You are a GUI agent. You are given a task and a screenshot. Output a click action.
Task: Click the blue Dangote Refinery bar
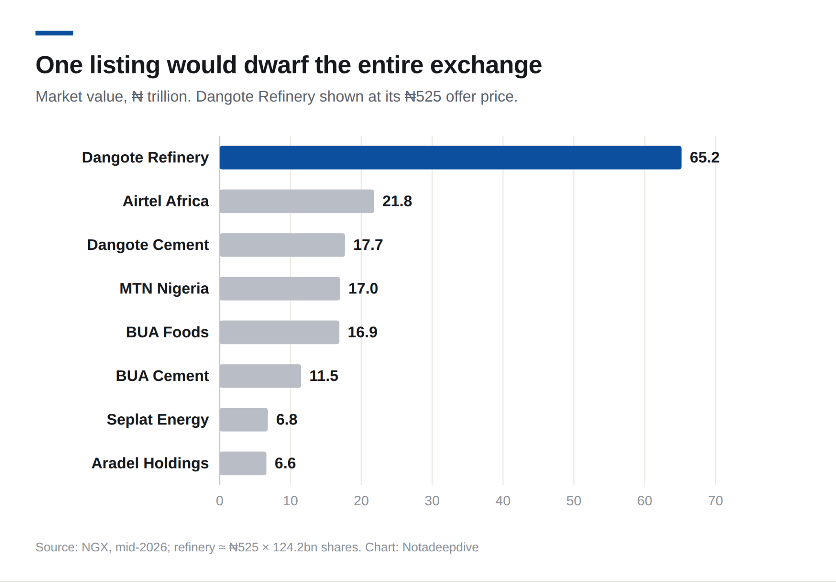pyautogui.click(x=450, y=158)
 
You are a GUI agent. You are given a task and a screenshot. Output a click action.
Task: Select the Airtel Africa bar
pyautogui.click(x=297, y=201)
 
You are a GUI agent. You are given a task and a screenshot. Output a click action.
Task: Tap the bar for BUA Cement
pyautogui.click(x=260, y=376)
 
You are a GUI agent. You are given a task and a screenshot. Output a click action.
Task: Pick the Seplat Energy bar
pyautogui.click(x=244, y=420)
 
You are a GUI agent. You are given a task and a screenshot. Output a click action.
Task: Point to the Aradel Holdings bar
pyautogui.click(x=243, y=463)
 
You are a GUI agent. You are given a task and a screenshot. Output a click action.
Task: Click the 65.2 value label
pyautogui.click(x=705, y=158)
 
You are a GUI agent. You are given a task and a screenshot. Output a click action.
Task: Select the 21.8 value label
pyautogui.click(x=397, y=201)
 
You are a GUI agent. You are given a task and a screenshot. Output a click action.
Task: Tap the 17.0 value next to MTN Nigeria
pyautogui.click(x=363, y=289)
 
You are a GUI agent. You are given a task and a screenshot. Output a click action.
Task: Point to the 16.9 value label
pyautogui.click(x=362, y=332)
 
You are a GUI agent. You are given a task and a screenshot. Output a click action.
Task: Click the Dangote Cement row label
pyautogui.click(x=148, y=245)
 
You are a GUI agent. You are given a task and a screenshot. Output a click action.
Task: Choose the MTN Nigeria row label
pyautogui.click(x=164, y=289)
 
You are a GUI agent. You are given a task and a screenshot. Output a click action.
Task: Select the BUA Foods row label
pyautogui.click(x=167, y=332)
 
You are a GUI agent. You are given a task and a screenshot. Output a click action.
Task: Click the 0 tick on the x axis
pyautogui.click(x=220, y=501)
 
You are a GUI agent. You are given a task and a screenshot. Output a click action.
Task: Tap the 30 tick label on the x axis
pyautogui.click(x=432, y=501)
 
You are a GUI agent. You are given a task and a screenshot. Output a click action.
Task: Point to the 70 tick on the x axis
pyautogui.click(x=716, y=501)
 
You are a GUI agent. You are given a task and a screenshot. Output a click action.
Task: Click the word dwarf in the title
pyautogui.click(x=276, y=65)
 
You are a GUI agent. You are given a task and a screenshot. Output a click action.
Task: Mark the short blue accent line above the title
pyautogui.click(x=54, y=33)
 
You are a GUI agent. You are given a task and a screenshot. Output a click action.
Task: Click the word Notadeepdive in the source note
pyautogui.click(x=440, y=547)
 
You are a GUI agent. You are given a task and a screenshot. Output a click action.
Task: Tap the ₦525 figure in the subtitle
pyautogui.click(x=423, y=97)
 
